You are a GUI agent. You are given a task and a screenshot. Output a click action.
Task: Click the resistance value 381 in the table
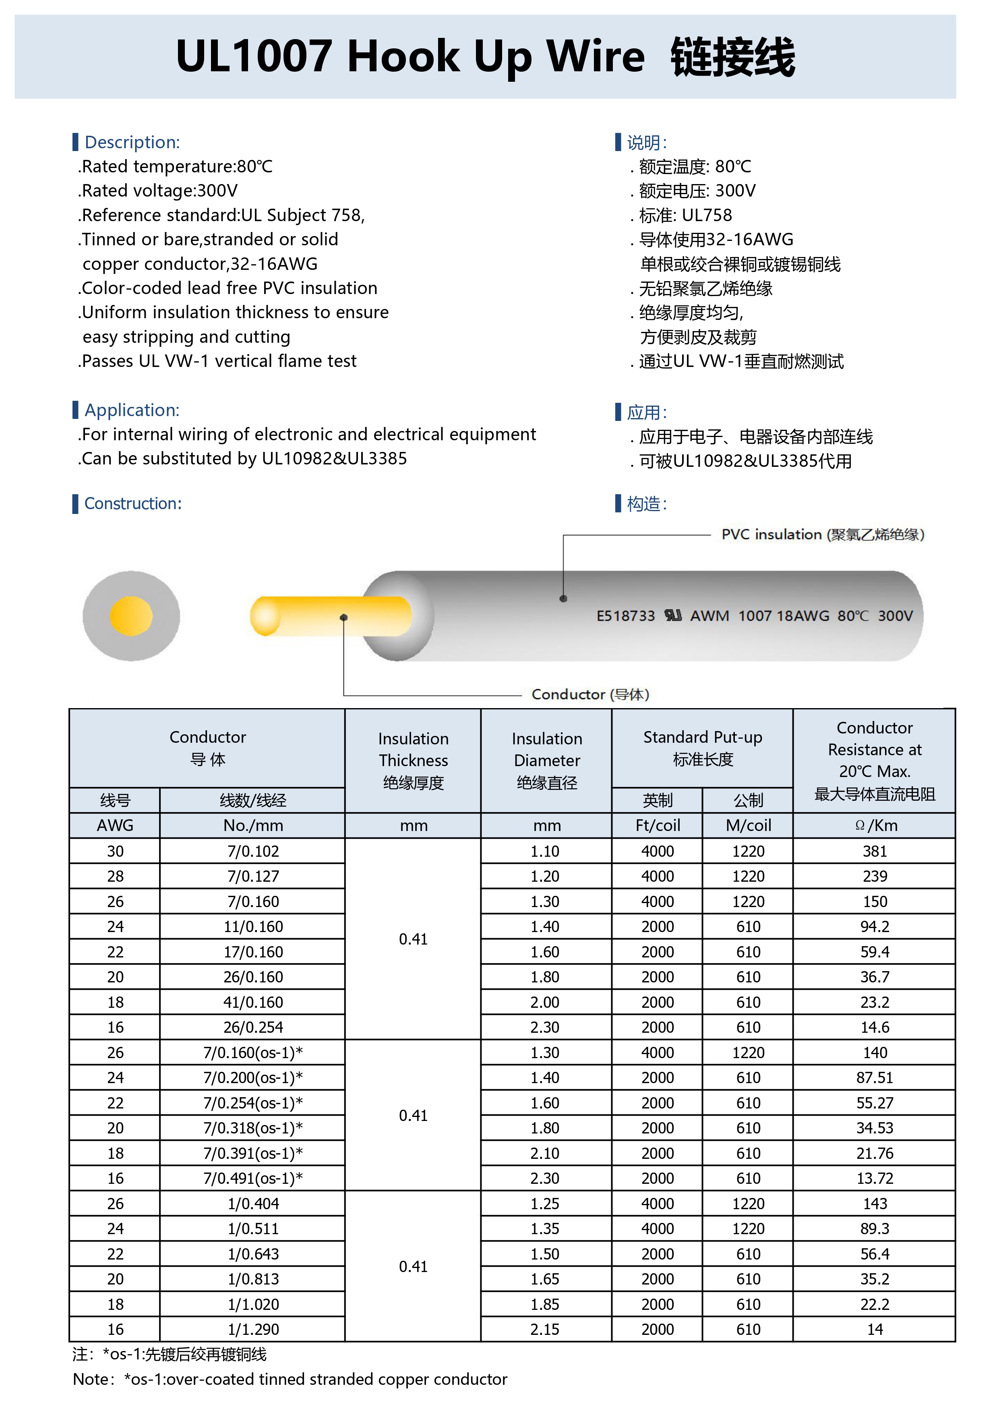pyautogui.click(x=874, y=851)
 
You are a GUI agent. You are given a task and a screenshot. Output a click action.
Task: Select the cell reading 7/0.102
pyautogui.click(x=253, y=851)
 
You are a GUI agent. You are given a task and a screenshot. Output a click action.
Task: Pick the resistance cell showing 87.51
pyautogui.click(x=874, y=1077)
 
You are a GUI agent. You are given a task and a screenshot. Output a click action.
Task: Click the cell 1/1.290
pyautogui.click(x=253, y=1329)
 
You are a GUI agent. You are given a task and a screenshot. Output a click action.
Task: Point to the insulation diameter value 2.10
pyautogui.click(x=545, y=1153)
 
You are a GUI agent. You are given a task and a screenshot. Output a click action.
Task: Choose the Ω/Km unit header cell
pyautogui.click(x=874, y=825)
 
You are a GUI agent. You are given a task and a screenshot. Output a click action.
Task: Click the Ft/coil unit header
pyautogui.click(x=658, y=825)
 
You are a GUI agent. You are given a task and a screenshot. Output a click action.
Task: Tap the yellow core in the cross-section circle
pyautogui.click(x=131, y=616)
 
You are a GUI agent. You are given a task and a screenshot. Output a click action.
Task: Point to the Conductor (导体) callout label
pyautogui.click(x=590, y=694)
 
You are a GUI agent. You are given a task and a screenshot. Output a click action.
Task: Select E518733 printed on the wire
pyautogui.click(x=625, y=616)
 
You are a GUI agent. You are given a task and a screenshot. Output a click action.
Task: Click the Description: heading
pyautogui.click(x=132, y=142)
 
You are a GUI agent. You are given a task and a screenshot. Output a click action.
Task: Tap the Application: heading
pyautogui.click(x=132, y=410)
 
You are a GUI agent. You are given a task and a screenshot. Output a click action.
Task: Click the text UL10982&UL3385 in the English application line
pyautogui.click(x=334, y=458)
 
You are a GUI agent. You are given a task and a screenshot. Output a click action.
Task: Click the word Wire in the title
pyautogui.click(x=596, y=57)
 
